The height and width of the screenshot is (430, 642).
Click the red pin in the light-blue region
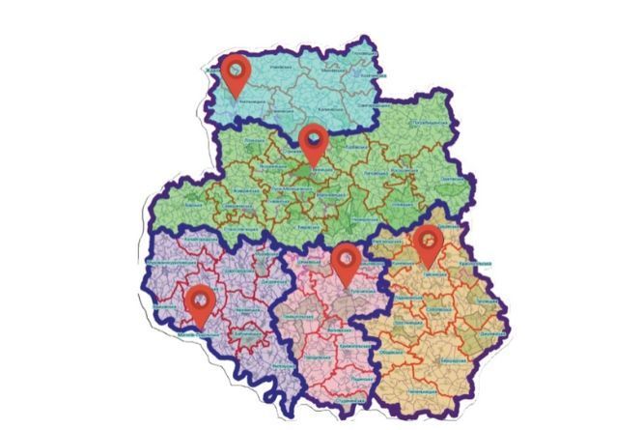pos(235,72)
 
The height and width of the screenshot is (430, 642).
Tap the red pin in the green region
pos(313,141)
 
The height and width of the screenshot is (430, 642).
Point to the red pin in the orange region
pos(426,243)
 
